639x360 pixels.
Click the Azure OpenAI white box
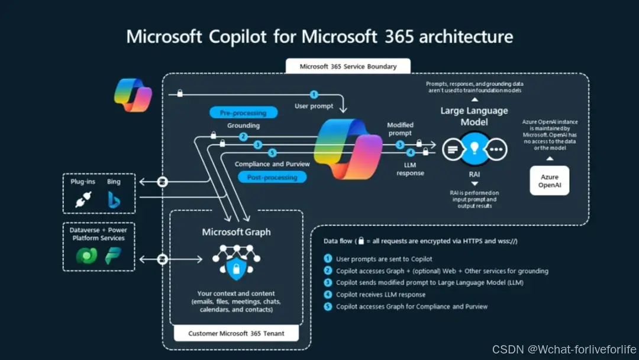(550, 181)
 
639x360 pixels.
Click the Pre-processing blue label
(238, 112)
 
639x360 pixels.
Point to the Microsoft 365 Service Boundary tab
(347, 66)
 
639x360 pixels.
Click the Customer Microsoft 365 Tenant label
(236, 333)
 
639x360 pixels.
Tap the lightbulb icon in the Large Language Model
(474, 150)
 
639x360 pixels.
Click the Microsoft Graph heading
(236, 232)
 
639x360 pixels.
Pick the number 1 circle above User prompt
(314, 94)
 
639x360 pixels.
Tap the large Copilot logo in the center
(348, 148)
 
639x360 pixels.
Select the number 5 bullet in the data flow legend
(328, 306)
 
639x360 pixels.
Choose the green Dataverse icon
(86, 256)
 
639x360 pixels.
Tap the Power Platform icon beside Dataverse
(112, 256)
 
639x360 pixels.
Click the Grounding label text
(243, 126)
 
